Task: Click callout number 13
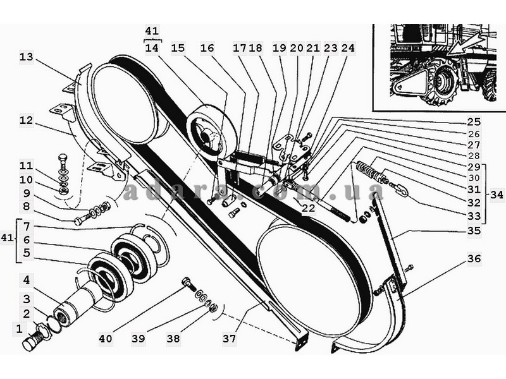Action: click(27, 57)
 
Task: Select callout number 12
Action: click(27, 121)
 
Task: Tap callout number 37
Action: click(230, 339)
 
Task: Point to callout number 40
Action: click(106, 339)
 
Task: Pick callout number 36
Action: click(474, 258)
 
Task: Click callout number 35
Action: click(474, 231)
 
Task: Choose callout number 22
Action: click(308, 208)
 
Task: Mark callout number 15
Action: click(178, 48)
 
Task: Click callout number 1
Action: click(20, 329)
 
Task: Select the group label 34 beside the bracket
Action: click(497, 195)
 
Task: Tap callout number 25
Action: click(474, 122)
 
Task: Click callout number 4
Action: click(27, 280)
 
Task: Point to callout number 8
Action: click(27, 207)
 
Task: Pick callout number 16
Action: click(207, 48)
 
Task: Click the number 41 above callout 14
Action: click(152, 31)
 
